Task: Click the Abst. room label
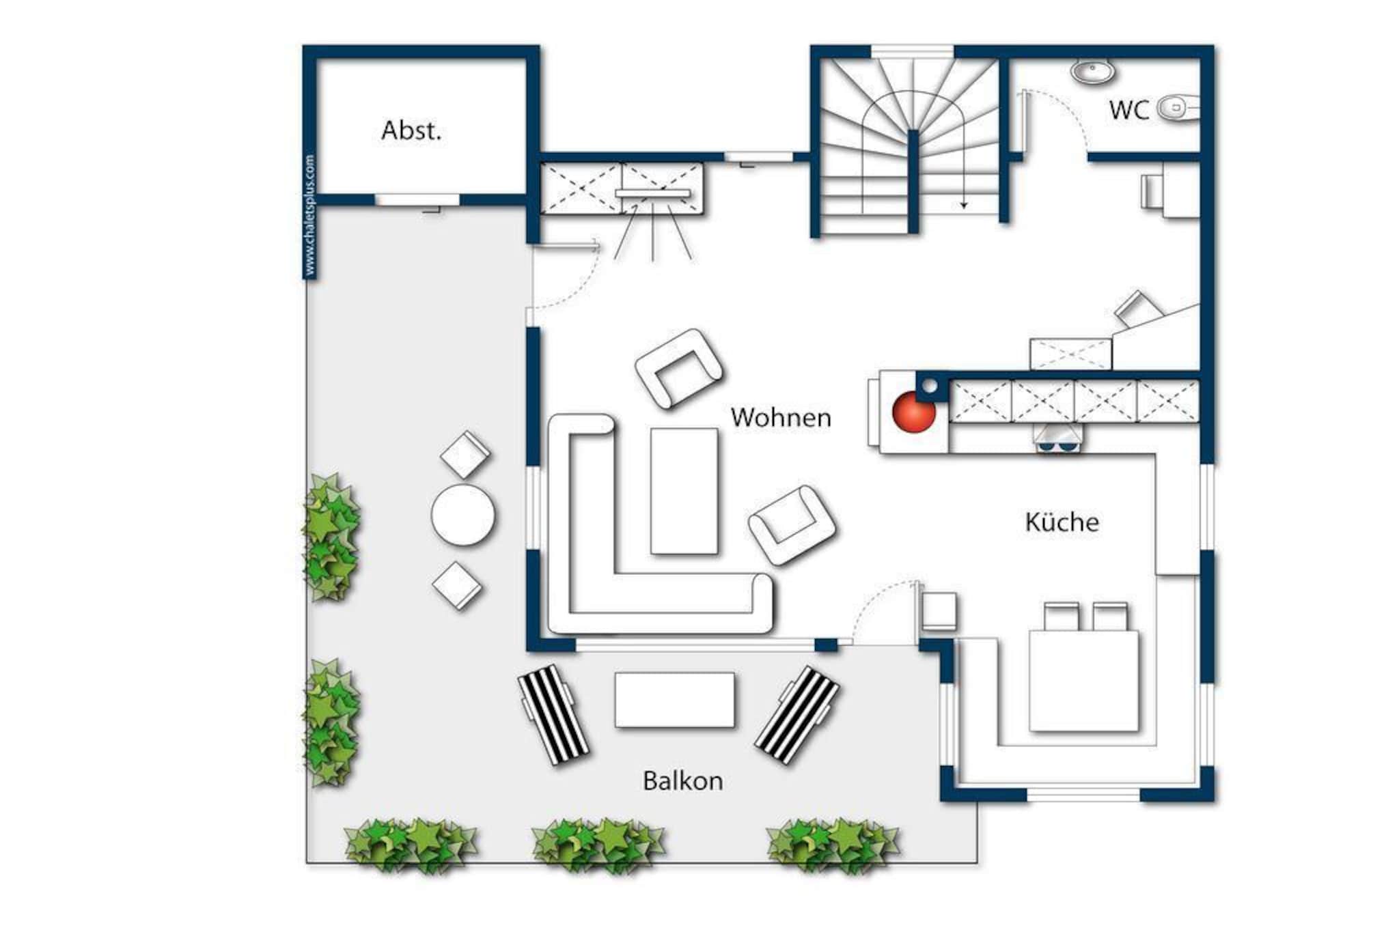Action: pos(411,130)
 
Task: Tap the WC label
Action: pos(1129,110)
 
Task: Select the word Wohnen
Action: pos(781,417)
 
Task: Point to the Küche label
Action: pos(1062,522)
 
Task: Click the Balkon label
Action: pos(683,780)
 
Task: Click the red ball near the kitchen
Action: pos(914,412)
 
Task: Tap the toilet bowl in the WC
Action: pos(1178,108)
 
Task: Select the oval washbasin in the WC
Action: pos(1093,70)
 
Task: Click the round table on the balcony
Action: pos(463,515)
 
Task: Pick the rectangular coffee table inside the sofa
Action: pos(684,491)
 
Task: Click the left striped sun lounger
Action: pos(553,716)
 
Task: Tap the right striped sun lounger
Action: pos(797,714)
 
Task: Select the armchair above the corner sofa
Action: pos(678,368)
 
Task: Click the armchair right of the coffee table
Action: pos(792,525)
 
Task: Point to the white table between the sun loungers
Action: pos(675,700)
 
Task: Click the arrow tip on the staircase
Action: pos(964,206)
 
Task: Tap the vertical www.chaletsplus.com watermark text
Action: pos(310,216)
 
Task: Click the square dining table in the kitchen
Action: pos(1084,681)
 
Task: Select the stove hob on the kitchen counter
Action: pos(1058,437)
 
